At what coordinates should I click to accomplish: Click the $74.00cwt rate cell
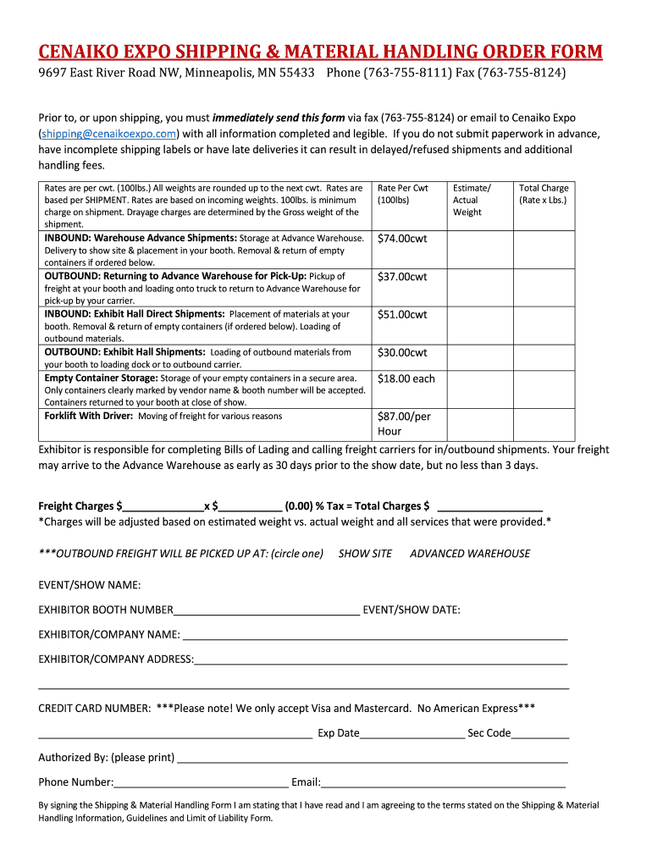click(x=402, y=239)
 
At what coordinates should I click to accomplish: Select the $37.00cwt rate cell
click(x=402, y=277)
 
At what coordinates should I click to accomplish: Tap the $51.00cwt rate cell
click(x=402, y=315)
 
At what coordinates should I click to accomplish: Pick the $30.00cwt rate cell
click(x=402, y=352)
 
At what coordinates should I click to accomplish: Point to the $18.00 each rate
click(x=406, y=378)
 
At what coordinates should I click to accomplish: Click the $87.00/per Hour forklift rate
click(x=404, y=423)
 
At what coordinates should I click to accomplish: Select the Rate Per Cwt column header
click(x=403, y=194)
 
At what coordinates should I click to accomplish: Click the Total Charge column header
click(x=543, y=194)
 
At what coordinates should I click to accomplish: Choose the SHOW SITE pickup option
click(x=365, y=554)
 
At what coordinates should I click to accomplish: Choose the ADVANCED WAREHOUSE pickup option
click(x=470, y=554)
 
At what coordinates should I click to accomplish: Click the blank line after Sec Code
click(x=539, y=734)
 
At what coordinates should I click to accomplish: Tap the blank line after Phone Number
click(x=201, y=783)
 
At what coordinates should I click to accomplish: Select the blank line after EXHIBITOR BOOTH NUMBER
click(x=266, y=610)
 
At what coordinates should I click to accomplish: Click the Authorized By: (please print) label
click(x=106, y=757)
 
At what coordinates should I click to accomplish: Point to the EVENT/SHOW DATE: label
click(x=411, y=610)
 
